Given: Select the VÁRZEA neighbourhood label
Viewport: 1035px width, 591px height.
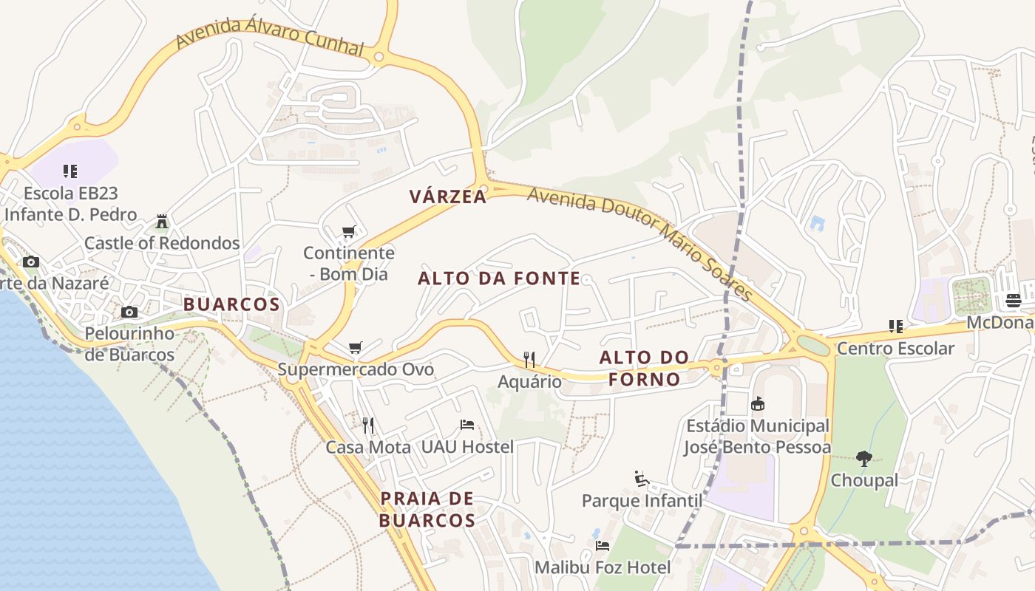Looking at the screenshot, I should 449,197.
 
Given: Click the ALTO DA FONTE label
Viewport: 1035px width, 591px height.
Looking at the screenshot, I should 499,279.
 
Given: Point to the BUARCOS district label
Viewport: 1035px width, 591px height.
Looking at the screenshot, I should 231,304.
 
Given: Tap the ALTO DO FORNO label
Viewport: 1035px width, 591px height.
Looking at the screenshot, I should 644,369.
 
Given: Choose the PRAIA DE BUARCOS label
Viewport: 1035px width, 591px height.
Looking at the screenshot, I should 427,509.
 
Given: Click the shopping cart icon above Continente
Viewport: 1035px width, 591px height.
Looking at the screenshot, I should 349,232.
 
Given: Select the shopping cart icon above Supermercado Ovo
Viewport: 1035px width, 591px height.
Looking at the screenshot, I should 356,347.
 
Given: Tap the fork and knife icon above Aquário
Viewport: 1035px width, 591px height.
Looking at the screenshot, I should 529,360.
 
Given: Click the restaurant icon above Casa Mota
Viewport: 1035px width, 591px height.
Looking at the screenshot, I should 368,425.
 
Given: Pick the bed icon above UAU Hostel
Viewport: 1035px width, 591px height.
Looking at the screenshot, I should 467,425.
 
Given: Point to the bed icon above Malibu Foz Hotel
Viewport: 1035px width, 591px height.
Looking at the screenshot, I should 603,546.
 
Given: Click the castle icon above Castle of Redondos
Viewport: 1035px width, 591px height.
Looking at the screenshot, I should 162,222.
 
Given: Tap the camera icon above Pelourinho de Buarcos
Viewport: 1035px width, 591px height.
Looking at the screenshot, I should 129,312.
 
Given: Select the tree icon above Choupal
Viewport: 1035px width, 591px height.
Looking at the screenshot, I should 864,459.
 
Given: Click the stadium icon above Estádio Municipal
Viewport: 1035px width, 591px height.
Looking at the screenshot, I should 758,404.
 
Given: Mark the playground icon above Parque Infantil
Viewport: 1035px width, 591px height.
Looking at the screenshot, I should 642,479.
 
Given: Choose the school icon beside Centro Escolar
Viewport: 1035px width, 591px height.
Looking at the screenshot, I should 896,327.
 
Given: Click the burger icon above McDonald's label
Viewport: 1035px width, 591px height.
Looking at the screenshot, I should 1014,301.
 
